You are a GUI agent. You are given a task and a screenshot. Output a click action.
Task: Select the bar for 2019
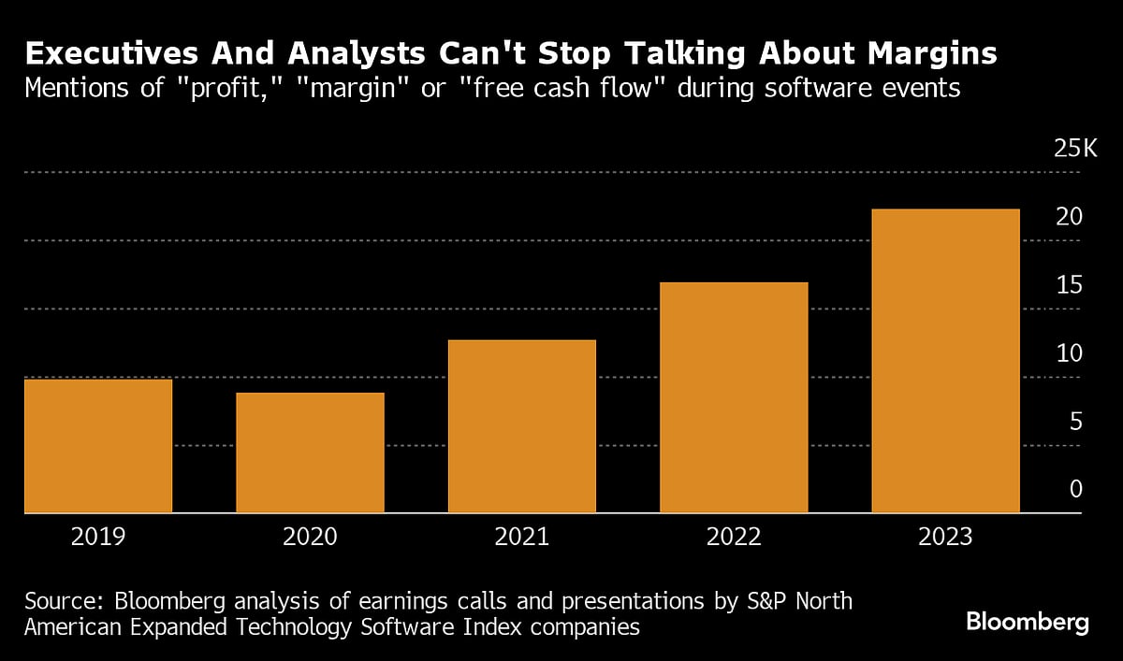[97, 446]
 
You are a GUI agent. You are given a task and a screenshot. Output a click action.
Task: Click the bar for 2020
[310, 453]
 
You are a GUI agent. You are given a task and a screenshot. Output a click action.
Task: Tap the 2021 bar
[522, 426]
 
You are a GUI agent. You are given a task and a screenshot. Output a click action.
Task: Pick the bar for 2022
[734, 397]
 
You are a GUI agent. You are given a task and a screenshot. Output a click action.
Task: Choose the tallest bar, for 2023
[945, 361]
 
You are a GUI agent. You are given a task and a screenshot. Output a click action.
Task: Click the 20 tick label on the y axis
[1069, 217]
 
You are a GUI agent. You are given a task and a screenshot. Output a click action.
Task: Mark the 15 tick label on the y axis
[1069, 285]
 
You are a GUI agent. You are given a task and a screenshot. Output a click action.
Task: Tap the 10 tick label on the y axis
[1069, 353]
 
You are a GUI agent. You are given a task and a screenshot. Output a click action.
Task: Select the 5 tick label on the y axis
[1075, 422]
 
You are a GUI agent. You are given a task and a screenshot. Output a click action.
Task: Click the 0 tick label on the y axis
[1075, 490]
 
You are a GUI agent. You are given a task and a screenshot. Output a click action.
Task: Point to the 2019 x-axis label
[97, 538]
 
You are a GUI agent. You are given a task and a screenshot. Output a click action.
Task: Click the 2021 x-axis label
[522, 538]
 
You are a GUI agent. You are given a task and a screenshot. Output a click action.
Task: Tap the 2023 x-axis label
[945, 538]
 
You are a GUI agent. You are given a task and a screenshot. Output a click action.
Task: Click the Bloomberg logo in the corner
[1028, 623]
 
